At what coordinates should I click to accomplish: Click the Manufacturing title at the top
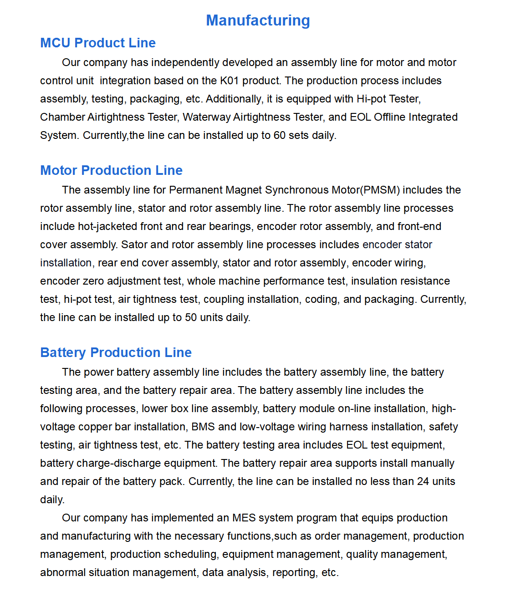258,20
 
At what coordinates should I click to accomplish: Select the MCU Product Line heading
98,43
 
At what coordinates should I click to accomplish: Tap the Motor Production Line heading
111,170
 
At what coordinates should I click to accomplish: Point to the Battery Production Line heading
116,352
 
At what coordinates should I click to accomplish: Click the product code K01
229,81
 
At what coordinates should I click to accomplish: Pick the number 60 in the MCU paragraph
280,135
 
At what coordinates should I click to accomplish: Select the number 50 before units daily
191,317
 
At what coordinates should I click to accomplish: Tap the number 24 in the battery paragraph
423,481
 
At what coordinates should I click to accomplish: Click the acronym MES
244,518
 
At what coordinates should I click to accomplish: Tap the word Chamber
62,117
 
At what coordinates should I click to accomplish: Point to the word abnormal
62,572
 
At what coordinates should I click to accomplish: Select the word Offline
389,117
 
